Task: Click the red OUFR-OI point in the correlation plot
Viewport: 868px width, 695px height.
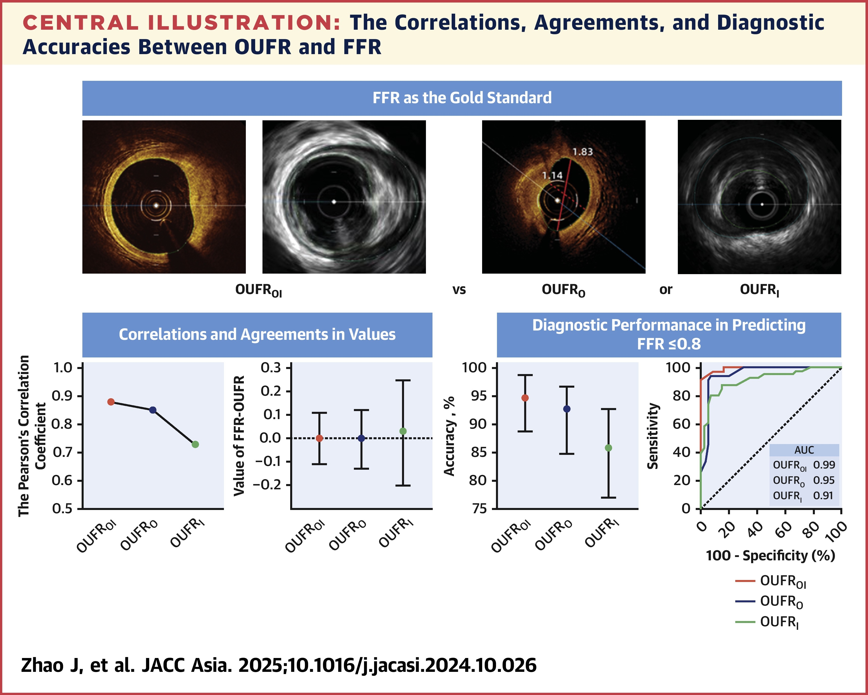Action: [x=111, y=402]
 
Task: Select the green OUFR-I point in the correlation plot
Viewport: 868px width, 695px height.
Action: [x=195, y=444]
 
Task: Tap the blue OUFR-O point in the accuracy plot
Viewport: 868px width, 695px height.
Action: [x=567, y=409]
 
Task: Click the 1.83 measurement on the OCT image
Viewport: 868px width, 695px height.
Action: [x=583, y=152]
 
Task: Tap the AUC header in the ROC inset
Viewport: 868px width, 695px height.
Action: [x=804, y=450]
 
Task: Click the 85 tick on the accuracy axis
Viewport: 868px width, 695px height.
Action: [x=478, y=452]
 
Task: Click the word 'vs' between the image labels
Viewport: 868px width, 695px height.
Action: [x=459, y=290]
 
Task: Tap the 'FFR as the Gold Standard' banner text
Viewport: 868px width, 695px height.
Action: [x=462, y=98]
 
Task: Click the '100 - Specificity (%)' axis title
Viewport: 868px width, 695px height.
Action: [x=770, y=556]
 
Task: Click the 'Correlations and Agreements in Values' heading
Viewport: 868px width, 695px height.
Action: [x=257, y=335]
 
